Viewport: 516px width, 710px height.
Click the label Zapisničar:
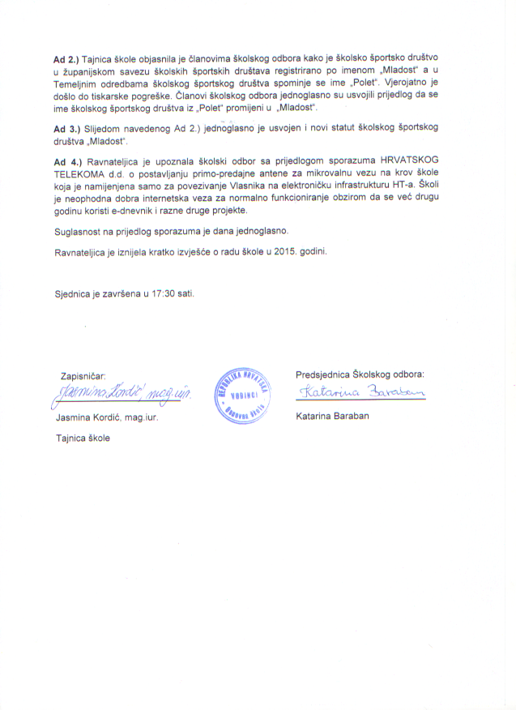pos(83,376)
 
